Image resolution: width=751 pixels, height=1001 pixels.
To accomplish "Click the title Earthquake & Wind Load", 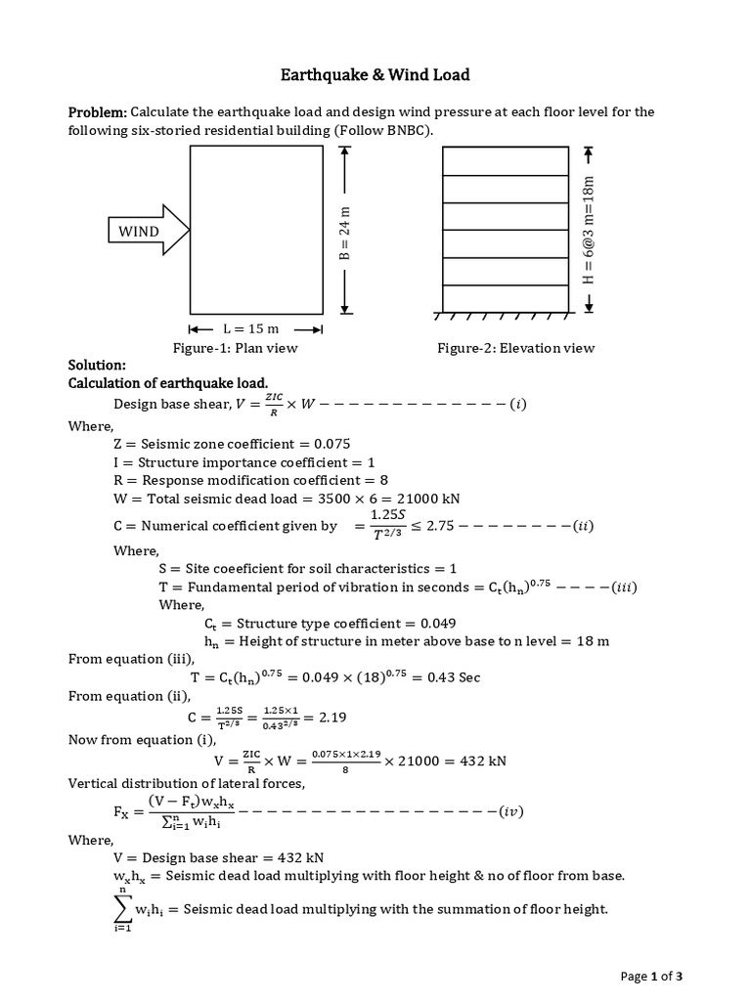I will [x=375, y=74].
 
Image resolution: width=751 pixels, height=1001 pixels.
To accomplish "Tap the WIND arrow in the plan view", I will [x=147, y=231].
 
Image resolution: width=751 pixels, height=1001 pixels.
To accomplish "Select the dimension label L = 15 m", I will [x=255, y=328].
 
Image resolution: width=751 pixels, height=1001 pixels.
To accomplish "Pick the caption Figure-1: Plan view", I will [x=236, y=348].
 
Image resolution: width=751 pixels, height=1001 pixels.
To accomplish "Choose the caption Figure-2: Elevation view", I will [x=515, y=348].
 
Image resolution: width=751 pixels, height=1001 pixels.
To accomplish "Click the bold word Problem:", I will [x=97, y=112].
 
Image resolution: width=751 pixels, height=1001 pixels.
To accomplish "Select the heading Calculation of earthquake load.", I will [x=167, y=382].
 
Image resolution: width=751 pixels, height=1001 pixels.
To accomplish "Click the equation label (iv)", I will [x=512, y=811].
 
